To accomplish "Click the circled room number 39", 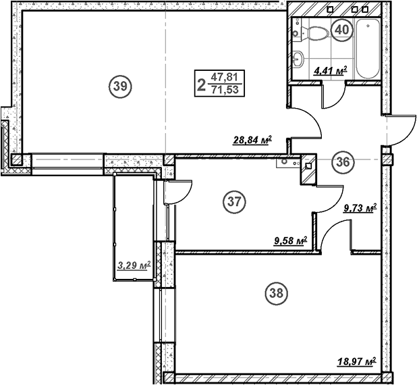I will coord(121,86).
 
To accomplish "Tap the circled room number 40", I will coord(343,30).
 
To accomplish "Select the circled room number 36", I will coord(343,161).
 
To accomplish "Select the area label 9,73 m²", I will coord(360,209).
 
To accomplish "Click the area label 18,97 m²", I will coord(356,362).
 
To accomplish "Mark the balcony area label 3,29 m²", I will coord(133,265).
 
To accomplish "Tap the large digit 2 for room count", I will coord(201,84).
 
